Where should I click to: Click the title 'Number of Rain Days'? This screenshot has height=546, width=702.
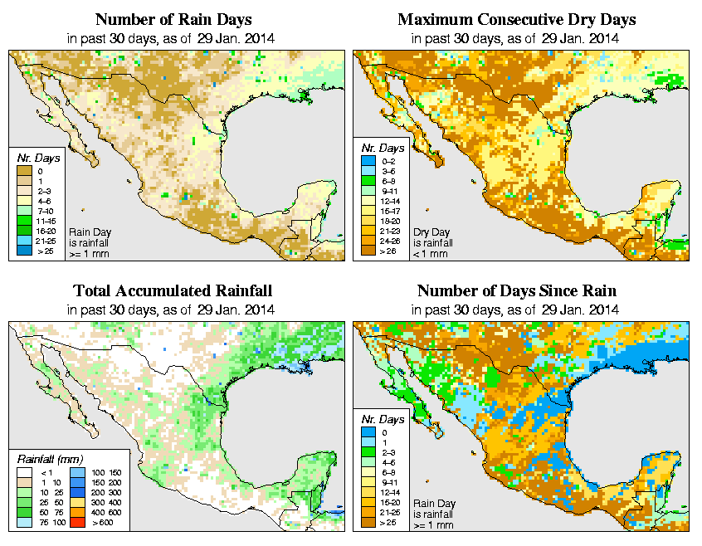click(175, 19)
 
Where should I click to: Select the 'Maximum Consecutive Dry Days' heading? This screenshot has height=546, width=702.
click(516, 19)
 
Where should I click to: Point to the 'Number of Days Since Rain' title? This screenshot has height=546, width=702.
click(516, 291)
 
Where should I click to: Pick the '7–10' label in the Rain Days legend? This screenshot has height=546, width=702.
click(46, 212)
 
